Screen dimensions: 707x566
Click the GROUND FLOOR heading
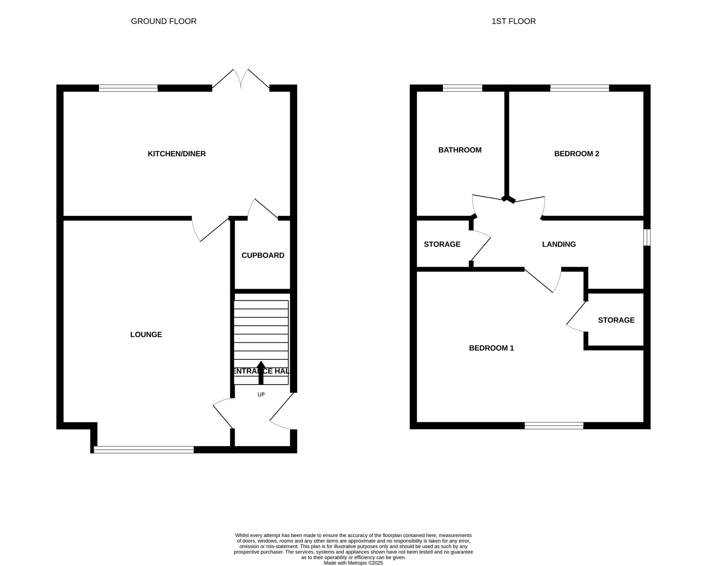(164, 21)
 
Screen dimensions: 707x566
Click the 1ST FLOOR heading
(514, 21)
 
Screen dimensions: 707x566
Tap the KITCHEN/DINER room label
(177, 154)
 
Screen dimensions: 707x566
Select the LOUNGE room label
(146, 335)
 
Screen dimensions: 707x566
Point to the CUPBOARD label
(263, 255)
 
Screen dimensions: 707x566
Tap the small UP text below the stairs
(261, 395)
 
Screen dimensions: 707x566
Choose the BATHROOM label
(460, 150)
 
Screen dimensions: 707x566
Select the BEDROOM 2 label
(577, 154)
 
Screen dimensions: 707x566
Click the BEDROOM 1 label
(491, 348)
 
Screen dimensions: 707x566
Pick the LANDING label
(559, 244)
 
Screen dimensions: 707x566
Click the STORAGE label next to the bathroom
(442, 244)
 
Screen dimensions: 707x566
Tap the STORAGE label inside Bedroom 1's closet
(616, 320)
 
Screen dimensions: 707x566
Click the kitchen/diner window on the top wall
(128, 88)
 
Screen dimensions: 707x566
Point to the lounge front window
(144, 449)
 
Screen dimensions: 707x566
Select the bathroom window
(463, 88)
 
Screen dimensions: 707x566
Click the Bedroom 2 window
(580, 88)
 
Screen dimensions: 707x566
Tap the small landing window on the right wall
(647, 237)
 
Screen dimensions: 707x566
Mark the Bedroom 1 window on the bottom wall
(554, 425)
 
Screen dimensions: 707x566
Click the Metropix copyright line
(353, 563)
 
